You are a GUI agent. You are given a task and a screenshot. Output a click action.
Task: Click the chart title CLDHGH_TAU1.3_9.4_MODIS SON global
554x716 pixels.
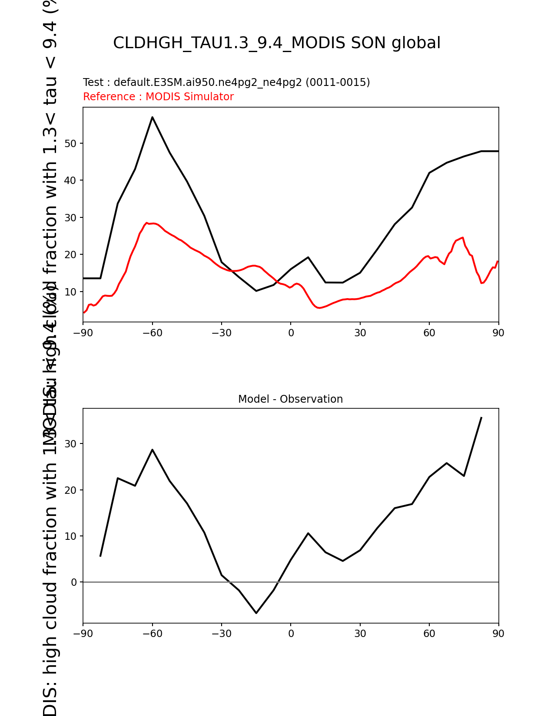pyautogui.click(x=277, y=43)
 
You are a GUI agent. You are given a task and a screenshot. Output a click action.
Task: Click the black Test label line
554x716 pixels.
pyautogui.click(x=226, y=82)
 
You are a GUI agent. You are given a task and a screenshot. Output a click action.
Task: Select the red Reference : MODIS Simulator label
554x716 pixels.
pyautogui.click(x=158, y=97)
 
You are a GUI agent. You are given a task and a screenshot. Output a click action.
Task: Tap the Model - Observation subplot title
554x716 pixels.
pyautogui.click(x=290, y=399)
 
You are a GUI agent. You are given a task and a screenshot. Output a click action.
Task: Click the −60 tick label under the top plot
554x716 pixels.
pyautogui.click(x=152, y=333)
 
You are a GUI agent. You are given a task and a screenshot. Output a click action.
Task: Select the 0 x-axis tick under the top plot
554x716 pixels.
pyautogui.click(x=291, y=333)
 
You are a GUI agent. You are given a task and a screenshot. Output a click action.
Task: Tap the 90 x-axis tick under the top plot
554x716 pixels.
pyautogui.click(x=498, y=333)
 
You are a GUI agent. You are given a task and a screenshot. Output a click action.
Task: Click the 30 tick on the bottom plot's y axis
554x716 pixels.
pyautogui.click(x=71, y=444)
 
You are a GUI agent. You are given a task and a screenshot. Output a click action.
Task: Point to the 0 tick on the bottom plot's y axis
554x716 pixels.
pyautogui.click(x=74, y=582)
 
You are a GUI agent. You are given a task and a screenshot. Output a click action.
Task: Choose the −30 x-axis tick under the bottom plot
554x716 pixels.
pyautogui.click(x=221, y=634)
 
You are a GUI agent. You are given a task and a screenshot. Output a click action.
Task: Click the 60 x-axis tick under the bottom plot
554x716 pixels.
pyautogui.click(x=429, y=634)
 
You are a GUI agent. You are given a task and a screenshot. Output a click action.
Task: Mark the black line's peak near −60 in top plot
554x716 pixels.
pyautogui.click(x=153, y=117)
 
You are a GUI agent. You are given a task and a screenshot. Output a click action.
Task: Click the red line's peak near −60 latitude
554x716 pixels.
pyautogui.click(x=147, y=223)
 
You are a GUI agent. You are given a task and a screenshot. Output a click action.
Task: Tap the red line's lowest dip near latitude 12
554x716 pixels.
pyautogui.click(x=319, y=308)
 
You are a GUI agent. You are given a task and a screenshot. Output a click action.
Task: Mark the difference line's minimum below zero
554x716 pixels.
pyautogui.click(x=256, y=613)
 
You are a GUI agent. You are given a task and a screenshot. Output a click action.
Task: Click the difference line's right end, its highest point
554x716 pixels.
pyautogui.click(x=481, y=418)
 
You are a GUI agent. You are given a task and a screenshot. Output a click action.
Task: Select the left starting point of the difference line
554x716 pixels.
pyautogui.click(x=100, y=556)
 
